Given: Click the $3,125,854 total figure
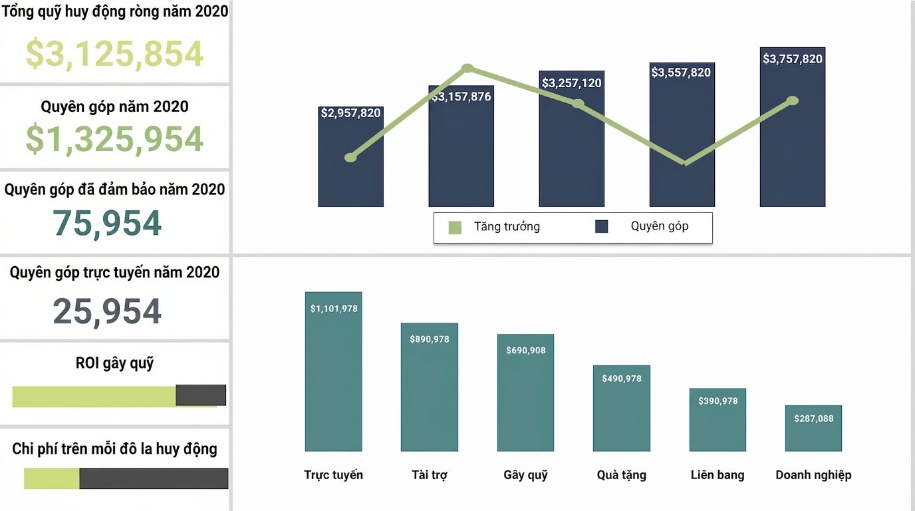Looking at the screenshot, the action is click(114, 53).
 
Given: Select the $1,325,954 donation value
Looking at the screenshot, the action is click(114, 139).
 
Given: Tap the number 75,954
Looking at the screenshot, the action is click(107, 223).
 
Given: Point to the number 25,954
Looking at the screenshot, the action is click(107, 311).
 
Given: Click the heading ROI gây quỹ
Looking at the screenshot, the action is click(114, 363).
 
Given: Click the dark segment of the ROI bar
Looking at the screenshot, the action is click(201, 395).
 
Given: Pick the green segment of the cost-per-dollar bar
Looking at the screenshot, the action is click(51, 478).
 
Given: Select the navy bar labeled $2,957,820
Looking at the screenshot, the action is click(351, 156).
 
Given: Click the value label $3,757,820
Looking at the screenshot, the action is click(793, 59).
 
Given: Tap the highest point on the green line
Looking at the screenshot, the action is click(467, 68).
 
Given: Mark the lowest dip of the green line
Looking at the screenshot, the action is click(685, 164).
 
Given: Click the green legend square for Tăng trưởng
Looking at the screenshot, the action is click(455, 228).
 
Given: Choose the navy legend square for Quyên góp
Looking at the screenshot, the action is click(601, 226).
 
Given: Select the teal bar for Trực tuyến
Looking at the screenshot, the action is click(333, 371).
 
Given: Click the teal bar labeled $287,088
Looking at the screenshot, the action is click(813, 428).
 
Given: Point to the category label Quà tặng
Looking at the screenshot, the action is click(621, 475).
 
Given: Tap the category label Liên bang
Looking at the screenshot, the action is click(718, 475).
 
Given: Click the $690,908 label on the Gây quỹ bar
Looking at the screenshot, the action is click(526, 351).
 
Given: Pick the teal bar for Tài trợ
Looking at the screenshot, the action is click(430, 387).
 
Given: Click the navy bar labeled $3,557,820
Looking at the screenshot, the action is click(682, 134).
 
